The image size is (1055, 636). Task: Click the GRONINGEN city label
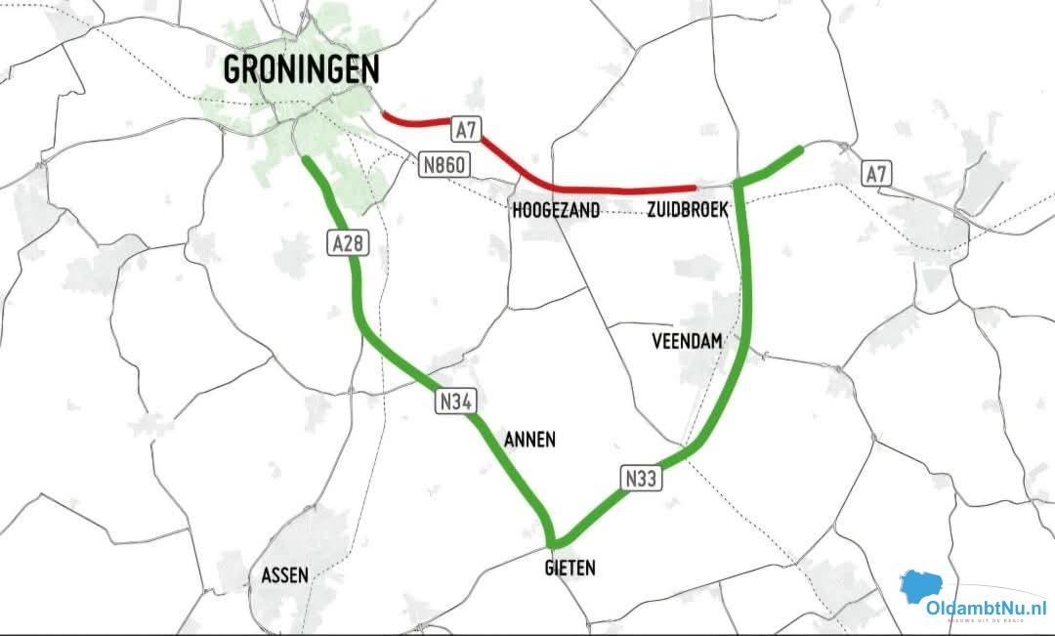tap(301, 69)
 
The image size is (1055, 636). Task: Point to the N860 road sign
tap(443, 165)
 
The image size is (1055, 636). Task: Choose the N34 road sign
tap(455, 400)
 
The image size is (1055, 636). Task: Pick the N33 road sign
tap(641, 478)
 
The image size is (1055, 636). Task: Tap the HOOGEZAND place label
tap(556, 210)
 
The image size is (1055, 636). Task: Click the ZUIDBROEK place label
tap(687, 210)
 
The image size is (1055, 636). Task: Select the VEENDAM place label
tap(686, 341)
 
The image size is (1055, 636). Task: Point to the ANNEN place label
tap(529, 440)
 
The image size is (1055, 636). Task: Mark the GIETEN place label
tap(570, 568)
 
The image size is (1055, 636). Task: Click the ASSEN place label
tap(285, 575)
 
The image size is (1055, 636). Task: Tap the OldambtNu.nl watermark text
tap(987, 608)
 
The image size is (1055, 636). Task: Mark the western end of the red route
tap(383, 114)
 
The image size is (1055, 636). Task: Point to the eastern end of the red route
tap(694, 186)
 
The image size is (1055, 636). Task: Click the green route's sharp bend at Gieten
tap(554, 541)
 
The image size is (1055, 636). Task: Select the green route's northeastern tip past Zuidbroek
tap(800, 149)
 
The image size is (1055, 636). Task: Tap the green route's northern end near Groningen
tap(307, 159)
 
